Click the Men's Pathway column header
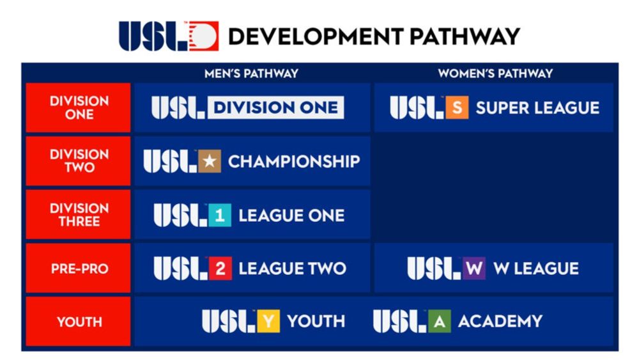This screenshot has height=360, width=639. tap(251, 74)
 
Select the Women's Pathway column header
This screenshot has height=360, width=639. tap(496, 74)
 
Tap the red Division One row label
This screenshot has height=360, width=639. tap(78, 107)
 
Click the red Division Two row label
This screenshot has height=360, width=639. tap(78, 161)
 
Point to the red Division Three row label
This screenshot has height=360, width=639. tap(78, 214)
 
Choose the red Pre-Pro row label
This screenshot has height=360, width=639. tap(78, 268)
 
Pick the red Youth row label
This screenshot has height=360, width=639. tap(78, 321)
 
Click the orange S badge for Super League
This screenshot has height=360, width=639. tap(457, 107)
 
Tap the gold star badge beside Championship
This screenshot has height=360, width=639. tap(210, 161)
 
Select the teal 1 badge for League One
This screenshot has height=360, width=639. tap(220, 215)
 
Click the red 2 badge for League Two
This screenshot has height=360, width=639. tap(220, 269)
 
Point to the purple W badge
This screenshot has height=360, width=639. tap(474, 269)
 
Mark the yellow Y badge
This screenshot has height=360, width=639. tap(268, 321)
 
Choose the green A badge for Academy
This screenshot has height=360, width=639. tap(440, 321)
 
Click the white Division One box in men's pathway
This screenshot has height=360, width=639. tap(276, 107)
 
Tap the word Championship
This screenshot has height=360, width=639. tap(294, 161)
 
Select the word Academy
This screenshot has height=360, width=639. tap(500, 321)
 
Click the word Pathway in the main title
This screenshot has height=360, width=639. tap(465, 36)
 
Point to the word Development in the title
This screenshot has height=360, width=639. tap(316, 36)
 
